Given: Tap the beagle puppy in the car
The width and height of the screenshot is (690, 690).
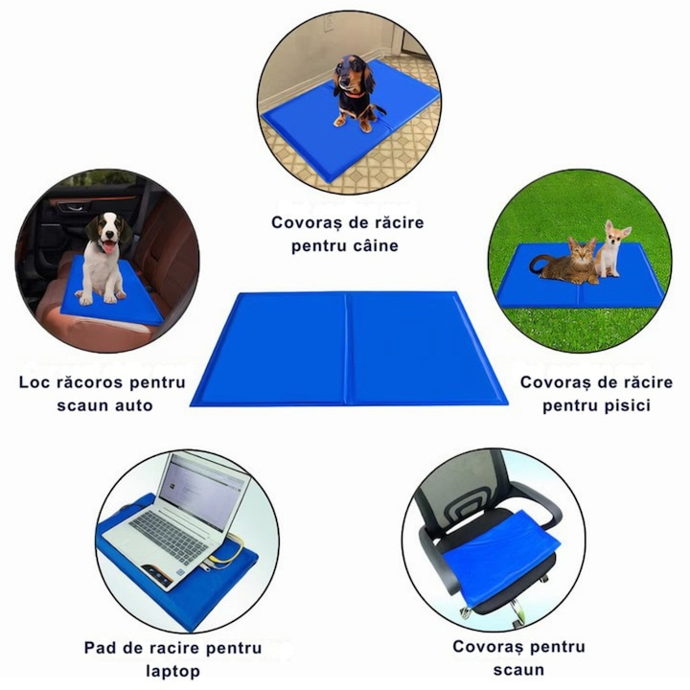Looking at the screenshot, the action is pos(104,260).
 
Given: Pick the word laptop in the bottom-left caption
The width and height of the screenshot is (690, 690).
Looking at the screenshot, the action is pos(172,671).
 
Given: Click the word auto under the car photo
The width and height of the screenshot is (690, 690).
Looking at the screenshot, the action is pos(134,405).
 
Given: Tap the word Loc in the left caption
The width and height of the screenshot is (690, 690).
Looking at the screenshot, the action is pos(34,382).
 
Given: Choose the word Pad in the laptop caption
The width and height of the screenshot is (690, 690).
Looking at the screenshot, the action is pos(99,648).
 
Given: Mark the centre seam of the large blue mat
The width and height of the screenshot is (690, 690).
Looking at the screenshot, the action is pos(347,349).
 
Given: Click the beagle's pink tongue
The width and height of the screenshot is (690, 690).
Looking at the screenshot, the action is pos(108,246).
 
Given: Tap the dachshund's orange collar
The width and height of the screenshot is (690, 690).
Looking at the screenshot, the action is pos(355,93).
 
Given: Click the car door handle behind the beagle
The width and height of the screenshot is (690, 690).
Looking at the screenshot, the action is pos(73,207).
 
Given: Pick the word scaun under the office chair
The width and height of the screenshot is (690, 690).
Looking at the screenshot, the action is pos(518,670).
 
